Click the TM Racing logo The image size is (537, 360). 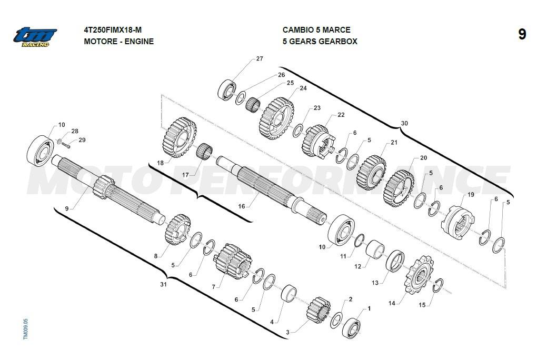[35, 37]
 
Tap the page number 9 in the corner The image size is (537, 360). [521, 35]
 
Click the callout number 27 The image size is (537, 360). [260, 59]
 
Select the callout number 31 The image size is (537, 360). [163, 285]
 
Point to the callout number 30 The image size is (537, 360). [404, 123]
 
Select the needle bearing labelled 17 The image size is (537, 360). [203, 152]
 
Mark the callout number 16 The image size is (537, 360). [242, 206]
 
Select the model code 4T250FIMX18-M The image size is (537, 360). [113, 30]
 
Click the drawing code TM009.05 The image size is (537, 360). [26, 328]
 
